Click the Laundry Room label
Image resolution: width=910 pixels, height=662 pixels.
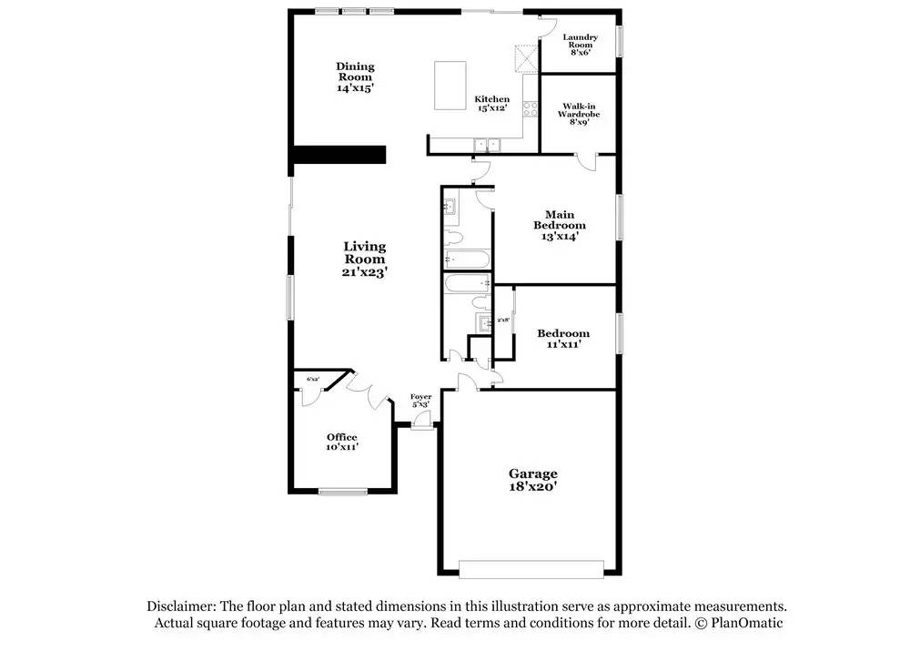[x=581, y=45]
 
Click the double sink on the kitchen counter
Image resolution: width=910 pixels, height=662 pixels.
[x=487, y=144]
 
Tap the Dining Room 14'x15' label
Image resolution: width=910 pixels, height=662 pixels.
[x=355, y=77]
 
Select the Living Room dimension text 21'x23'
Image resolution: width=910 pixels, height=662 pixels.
[x=364, y=271]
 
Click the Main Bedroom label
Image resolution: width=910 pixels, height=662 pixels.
[x=560, y=225]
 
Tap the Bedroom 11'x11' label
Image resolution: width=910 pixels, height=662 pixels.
[x=562, y=339]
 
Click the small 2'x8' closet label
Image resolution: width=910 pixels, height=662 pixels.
[x=503, y=321]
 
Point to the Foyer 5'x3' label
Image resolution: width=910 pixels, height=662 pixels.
[x=420, y=400]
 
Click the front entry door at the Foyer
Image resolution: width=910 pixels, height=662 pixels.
[x=420, y=422]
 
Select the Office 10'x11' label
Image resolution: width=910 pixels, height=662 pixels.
[x=342, y=442]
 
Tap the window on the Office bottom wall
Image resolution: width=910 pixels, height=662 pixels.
[x=343, y=492]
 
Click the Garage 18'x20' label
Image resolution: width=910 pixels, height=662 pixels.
[x=532, y=480]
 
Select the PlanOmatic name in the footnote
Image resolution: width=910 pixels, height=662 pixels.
[x=748, y=623]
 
